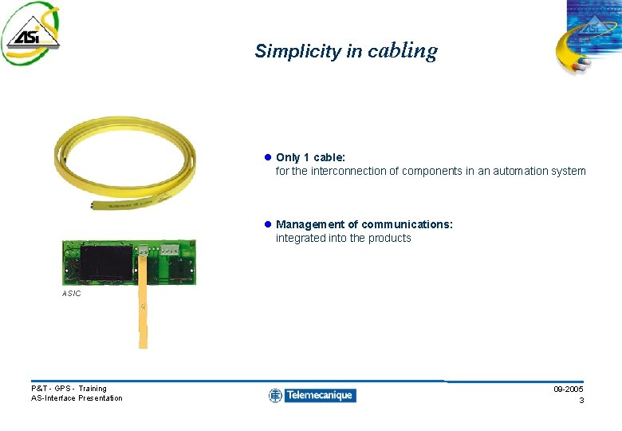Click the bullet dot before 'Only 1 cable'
pyautogui.click(x=268, y=158)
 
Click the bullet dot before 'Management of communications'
pyautogui.click(x=268, y=225)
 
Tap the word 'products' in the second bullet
pyautogui.click(x=390, y=238)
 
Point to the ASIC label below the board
pyautogui.click(x=71, y=294)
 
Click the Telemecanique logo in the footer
pyautogui.click(x=312, y=395)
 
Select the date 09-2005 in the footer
pyautogui.click(x=568, y=389)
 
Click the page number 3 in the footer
pyautogui.click(x=581, y=400)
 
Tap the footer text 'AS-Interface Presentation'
pyautogui.click(x=77, y=398)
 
